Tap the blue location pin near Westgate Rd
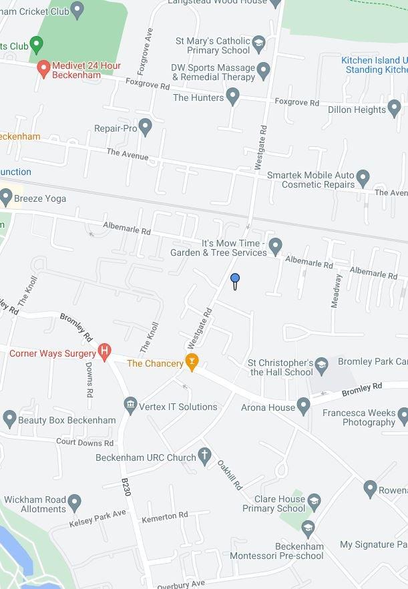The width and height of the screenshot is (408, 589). coord(235,279)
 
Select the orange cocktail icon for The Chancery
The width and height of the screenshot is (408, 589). coord(192,363)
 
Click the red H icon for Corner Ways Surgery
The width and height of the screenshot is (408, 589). coord(104,353)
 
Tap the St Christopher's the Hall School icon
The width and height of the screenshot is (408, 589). coord(322,364)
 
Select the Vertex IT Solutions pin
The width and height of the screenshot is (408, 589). coord(130,406)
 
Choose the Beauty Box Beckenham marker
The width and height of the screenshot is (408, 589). coord(9,419)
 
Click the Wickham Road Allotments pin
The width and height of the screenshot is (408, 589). coord(74,502)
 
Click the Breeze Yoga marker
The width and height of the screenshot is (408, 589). coord(6,198)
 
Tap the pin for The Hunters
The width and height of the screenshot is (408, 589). coord(233,97)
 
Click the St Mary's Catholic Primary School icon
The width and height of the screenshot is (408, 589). coord(258,45)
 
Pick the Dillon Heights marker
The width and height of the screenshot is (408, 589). coord(395,108)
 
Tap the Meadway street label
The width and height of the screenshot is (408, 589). coord(337,290)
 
